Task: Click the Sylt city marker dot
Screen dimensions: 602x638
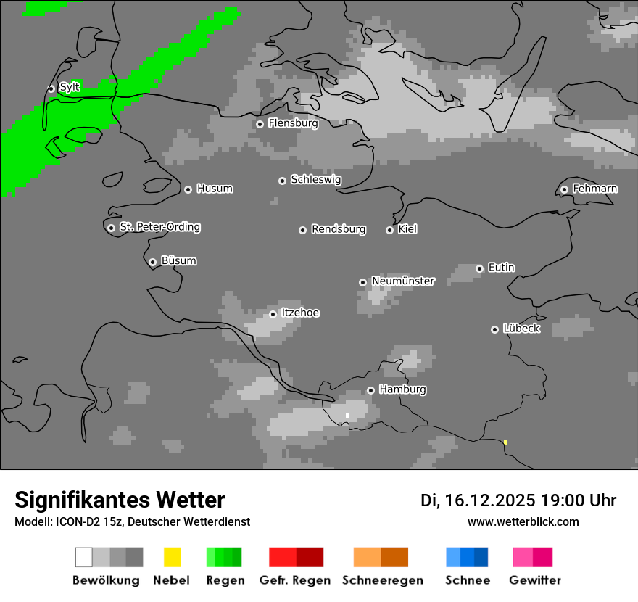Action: (51, 88)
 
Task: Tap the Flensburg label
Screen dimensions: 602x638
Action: (293, 123)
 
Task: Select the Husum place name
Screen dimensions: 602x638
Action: (215, 189)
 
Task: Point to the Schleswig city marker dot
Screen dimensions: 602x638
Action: (282, 181)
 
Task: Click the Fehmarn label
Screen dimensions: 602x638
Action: (594, 189)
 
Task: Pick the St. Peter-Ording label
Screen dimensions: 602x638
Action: (159, 227)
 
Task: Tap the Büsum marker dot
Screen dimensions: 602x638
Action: (152, 262)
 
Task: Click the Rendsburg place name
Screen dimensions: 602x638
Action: (339, 229)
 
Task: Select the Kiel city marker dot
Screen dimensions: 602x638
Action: (389, 230)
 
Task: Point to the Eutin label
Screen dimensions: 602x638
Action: (501, 268)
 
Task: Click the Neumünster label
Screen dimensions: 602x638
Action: (403, 281)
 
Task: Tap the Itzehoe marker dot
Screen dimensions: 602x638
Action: (273, 314)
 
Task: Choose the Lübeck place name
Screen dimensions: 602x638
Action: (521, 329)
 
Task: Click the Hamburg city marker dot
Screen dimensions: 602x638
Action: (370, 390)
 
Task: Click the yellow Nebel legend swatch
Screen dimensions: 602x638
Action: (172, 557)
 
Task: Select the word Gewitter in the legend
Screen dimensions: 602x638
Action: (535, 580)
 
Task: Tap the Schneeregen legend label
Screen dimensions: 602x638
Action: (383, 580)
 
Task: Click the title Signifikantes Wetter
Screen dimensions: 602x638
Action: (120, 500)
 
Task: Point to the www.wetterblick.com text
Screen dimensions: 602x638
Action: (523, 521)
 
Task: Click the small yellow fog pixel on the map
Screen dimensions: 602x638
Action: (505, 442)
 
